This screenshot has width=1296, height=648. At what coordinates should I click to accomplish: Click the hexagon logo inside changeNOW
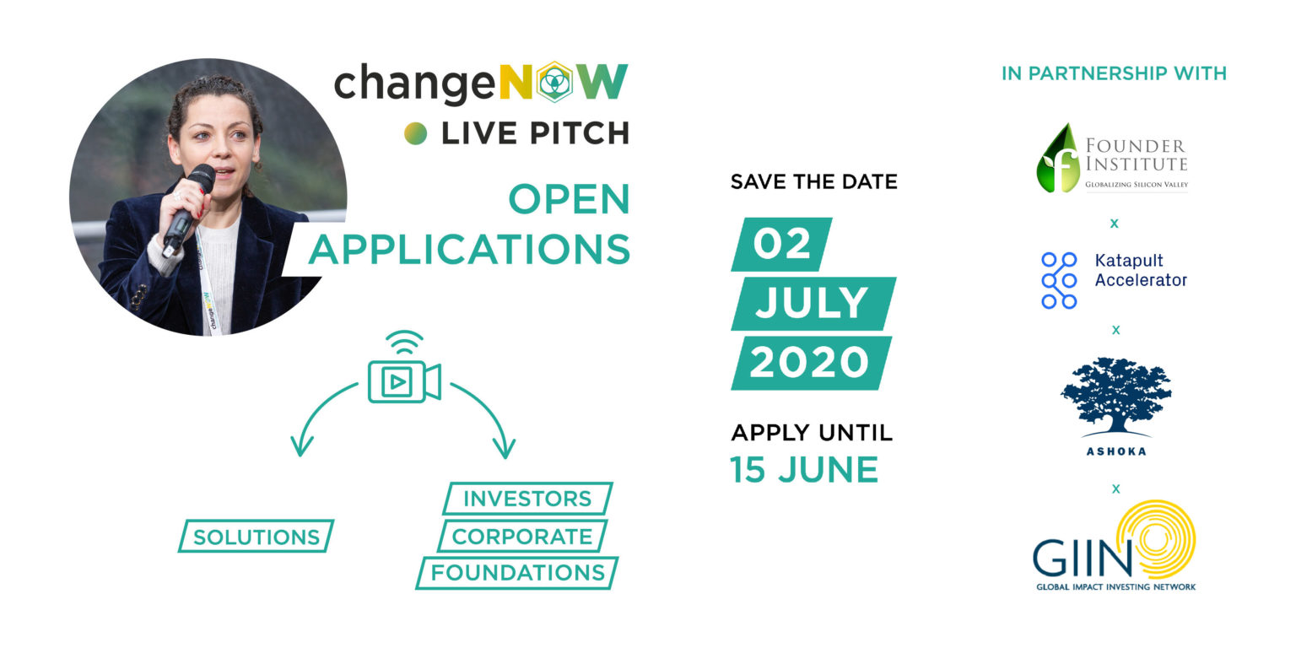coord(555,82)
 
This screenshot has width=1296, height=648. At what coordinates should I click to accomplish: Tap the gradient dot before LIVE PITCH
coord(415,133)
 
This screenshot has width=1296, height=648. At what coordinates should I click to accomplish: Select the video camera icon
coord(404,367)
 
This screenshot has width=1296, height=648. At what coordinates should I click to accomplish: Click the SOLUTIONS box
coord(256,537)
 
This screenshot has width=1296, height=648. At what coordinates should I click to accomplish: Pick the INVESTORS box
coord(527,498)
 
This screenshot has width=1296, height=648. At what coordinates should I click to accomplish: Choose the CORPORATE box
coord(522,536)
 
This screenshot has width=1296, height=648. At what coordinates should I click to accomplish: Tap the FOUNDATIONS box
coord(517,573)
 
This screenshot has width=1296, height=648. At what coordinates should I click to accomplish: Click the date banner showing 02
coord(781,244)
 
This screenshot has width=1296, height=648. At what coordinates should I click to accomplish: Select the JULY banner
coord(813,303)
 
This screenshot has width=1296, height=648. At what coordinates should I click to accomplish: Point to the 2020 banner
coord(811,363)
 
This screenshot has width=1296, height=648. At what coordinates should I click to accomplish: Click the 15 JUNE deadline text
coord(804,469)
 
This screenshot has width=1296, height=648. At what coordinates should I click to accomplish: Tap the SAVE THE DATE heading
coord(813,181)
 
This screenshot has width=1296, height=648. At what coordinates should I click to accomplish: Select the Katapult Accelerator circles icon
coord(1059,280)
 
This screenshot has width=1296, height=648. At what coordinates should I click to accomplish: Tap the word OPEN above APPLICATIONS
coord(570,199)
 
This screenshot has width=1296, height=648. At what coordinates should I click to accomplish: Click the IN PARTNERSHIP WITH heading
coord(1114,73)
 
